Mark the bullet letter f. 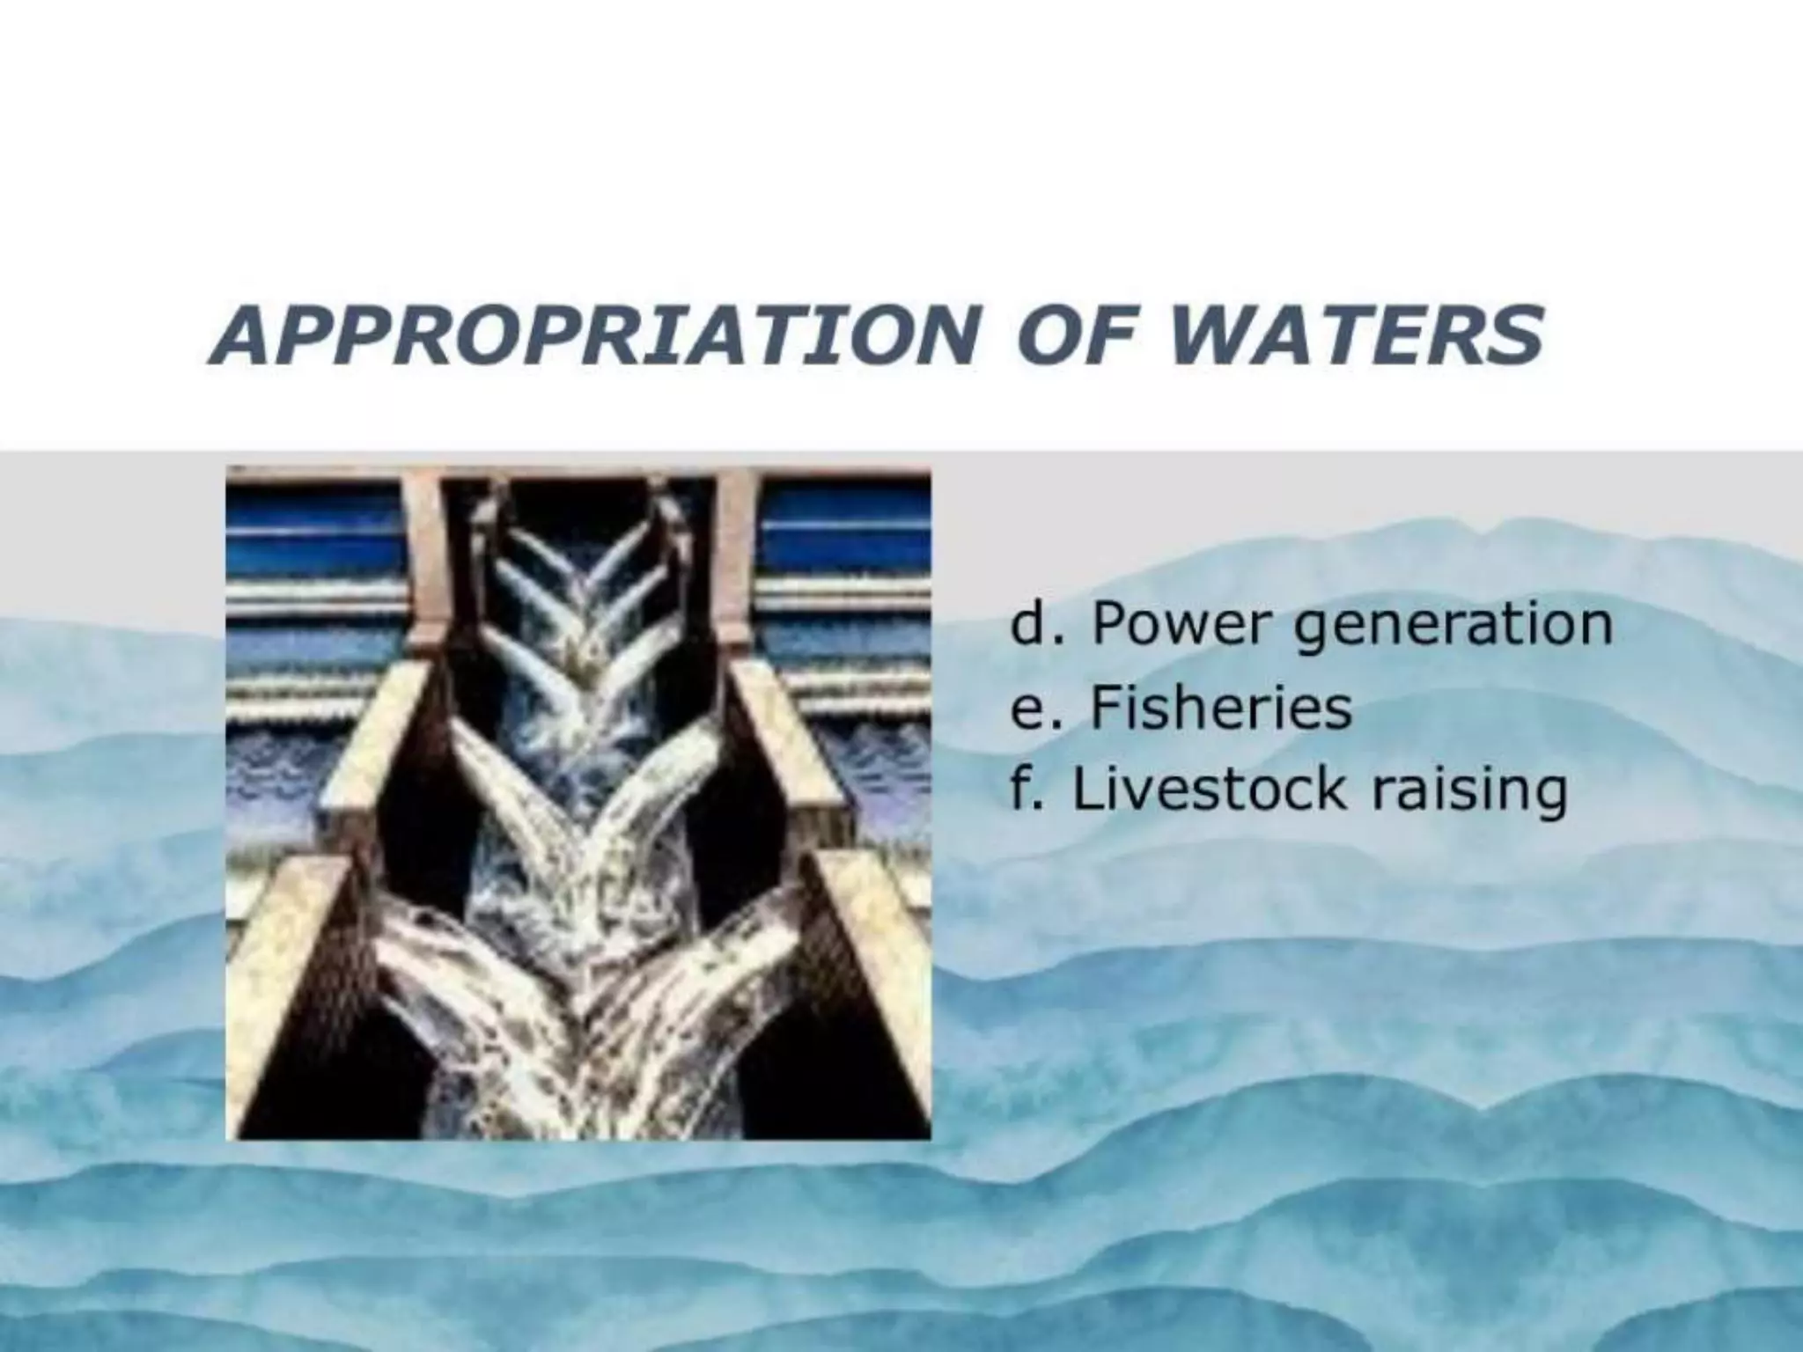point(1022,790)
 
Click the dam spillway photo point(578,802)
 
